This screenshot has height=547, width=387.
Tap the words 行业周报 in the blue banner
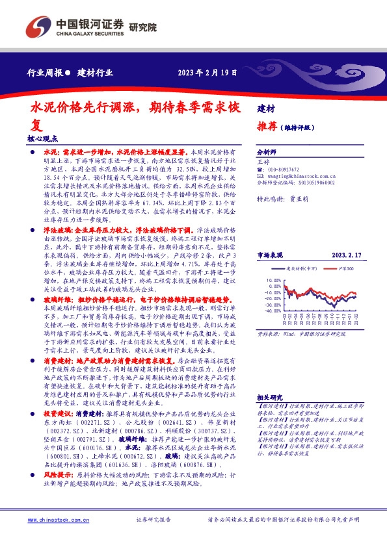pos(45,73)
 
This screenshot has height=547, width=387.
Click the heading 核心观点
pos(43,138)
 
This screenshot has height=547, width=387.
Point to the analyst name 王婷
pos(263,160)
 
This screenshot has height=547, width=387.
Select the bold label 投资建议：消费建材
pos(71,429)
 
